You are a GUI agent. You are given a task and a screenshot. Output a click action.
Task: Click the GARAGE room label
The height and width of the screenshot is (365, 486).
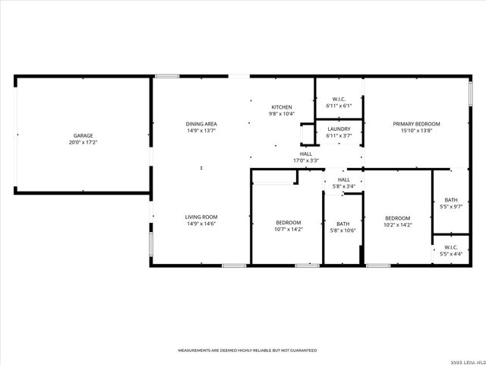(x=84, y=135)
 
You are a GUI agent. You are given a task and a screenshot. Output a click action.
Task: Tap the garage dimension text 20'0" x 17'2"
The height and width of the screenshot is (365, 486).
(x=84, y=142)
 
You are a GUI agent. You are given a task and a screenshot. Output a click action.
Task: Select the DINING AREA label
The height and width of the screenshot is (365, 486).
(x=201, y=123)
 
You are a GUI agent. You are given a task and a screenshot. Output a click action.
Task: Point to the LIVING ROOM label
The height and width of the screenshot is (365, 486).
(x=201, y=217)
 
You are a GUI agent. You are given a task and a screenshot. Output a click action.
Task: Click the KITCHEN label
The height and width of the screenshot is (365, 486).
(x=282, y=106)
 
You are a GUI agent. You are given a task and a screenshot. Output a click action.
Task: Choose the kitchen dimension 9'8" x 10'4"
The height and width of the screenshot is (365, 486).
(x=282, y=113)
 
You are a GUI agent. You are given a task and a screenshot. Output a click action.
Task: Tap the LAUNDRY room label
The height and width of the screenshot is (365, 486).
(x=339, y=129)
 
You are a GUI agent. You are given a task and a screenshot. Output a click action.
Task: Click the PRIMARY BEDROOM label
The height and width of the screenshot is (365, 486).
(x=416, y=123)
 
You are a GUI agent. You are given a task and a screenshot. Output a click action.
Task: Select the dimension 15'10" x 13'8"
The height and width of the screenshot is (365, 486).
(x=416, y=130)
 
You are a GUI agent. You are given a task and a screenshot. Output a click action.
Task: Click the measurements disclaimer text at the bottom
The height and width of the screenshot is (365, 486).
(x=248, y=351)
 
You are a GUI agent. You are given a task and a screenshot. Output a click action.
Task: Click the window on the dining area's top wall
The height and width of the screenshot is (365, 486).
(x=167, y=76)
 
